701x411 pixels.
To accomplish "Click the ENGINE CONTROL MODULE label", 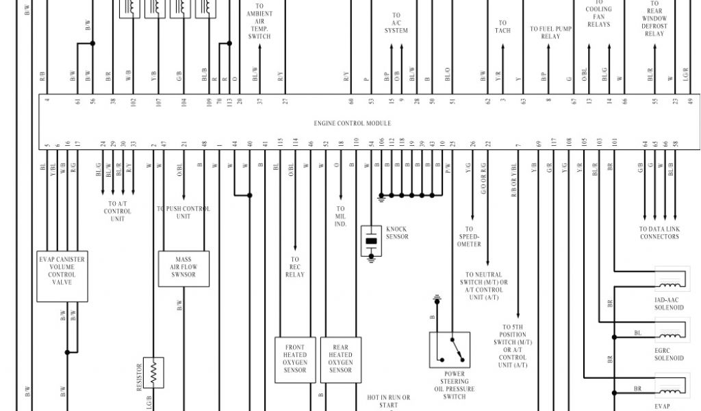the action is click(x=353, y=123).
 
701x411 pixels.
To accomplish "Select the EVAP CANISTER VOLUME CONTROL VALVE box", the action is click(x=62, y=275).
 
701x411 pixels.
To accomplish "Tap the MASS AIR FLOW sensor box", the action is click(x=183, y=269).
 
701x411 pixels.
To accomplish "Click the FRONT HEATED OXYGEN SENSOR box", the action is click(x=295, y=359).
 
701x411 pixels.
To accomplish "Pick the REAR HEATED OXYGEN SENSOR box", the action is click(x=340, y=359).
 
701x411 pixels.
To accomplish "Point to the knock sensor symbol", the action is click(x=371, y=241).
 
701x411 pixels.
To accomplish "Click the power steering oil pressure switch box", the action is click(x=450, y=351).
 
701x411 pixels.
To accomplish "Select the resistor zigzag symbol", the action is click(x=154, y=373).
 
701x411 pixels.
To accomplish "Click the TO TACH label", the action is click(x=502, y=27).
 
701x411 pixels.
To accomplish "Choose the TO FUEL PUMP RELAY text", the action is click(x=550, y=33).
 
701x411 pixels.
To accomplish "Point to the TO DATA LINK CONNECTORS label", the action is click(x=659, y=233).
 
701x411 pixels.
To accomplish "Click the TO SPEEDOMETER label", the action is click(x=469, y=237).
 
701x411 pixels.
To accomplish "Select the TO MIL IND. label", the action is click(x=340, y=216).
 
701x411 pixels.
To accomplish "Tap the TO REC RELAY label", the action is click(x=294, y=267).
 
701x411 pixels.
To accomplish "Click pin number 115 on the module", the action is click(x=280, y=143).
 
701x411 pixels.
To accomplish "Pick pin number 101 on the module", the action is click(x=615, y=143).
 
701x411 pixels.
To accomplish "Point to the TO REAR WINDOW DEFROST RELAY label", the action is click(x=654, y=18).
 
